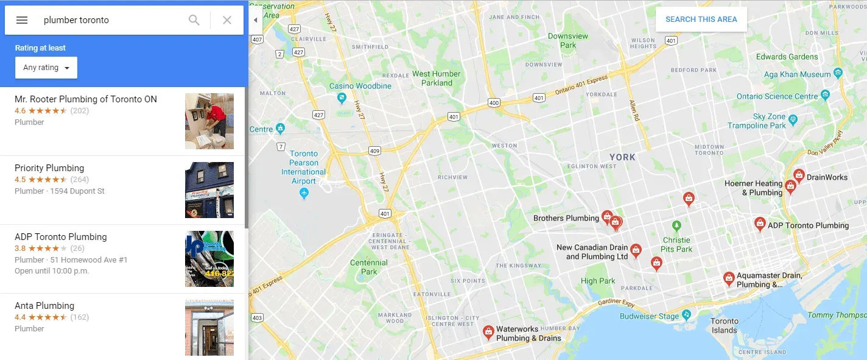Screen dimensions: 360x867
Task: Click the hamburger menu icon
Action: (x=22, y=20)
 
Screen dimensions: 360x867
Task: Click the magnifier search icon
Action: (x=194, y=20)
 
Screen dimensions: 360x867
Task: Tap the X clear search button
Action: (x=227, y=20)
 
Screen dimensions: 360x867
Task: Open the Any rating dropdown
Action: (x=46, y=68)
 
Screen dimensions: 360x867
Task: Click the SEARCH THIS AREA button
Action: (x=701, y=19)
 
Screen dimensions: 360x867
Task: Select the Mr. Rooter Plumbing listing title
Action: (x=86, y=99)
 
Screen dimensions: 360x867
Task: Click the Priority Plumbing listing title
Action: (x=49, y=168)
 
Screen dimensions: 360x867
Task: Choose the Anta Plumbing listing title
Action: (x=44, y=306)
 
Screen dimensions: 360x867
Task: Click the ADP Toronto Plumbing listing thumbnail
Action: (x=209, y=259)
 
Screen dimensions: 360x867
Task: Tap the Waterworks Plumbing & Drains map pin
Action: (x=488, y=331)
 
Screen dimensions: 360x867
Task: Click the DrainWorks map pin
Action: (x=799, y=175)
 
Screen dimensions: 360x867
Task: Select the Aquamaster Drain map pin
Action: (x=728, y=278)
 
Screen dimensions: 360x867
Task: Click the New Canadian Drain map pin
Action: (x=636, y=249)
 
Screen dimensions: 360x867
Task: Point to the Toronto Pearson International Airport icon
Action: (x=304, y=193)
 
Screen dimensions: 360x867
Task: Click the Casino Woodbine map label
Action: (x=360, y=86)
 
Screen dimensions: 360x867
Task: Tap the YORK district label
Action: (x=622, y=157)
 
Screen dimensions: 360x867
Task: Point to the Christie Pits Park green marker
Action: (x=676, y=225)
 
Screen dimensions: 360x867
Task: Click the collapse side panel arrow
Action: (x=256, y=20)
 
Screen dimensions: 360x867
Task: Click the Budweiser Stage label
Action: (x=649, y=316)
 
